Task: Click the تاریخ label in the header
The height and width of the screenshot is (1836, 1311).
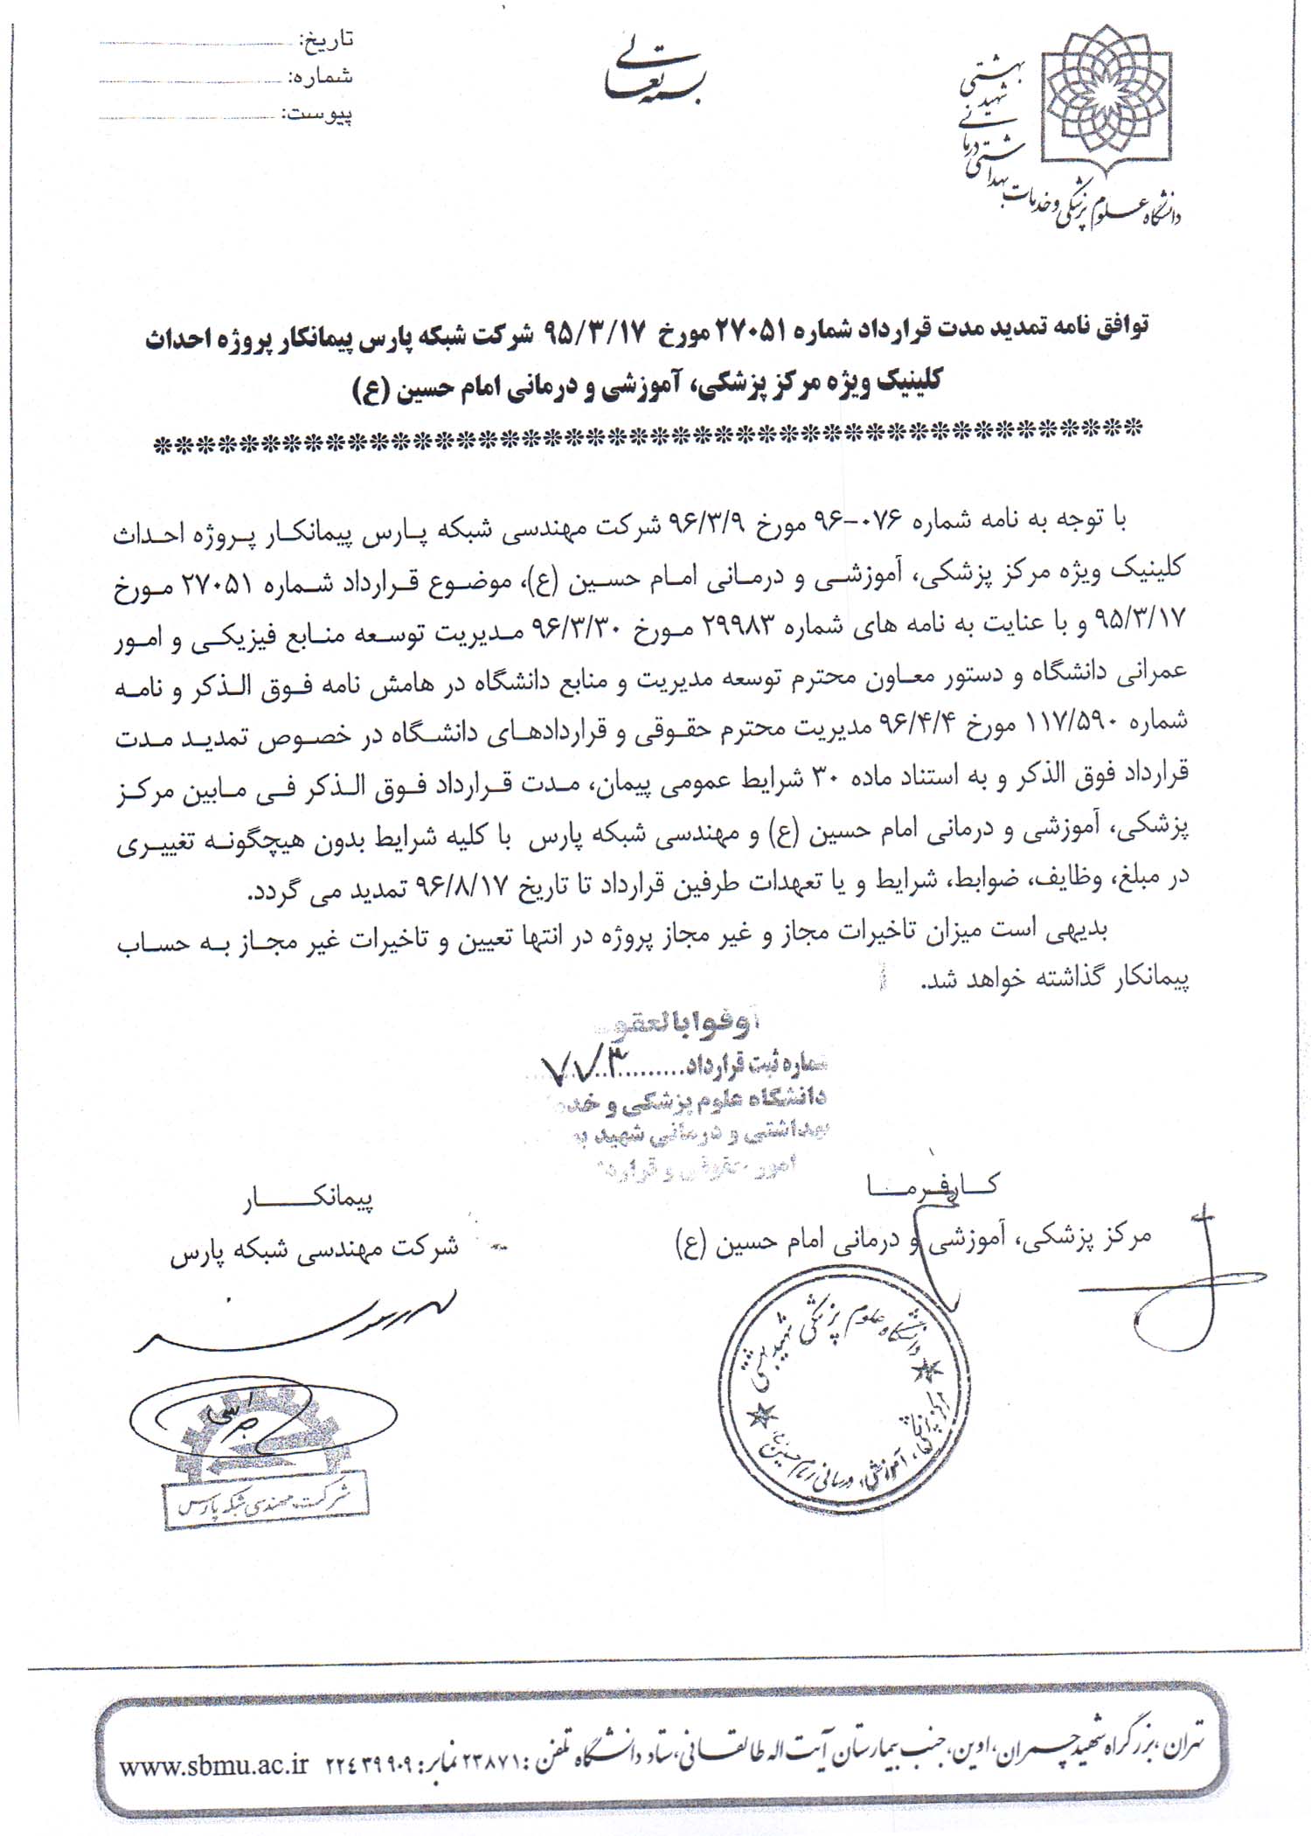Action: pos(326,40)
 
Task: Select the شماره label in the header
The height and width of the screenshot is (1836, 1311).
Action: pos(324,77)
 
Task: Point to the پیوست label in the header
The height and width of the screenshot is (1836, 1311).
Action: pos(320,115)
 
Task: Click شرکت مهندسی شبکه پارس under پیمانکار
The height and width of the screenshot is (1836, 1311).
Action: pos(314,1247)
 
